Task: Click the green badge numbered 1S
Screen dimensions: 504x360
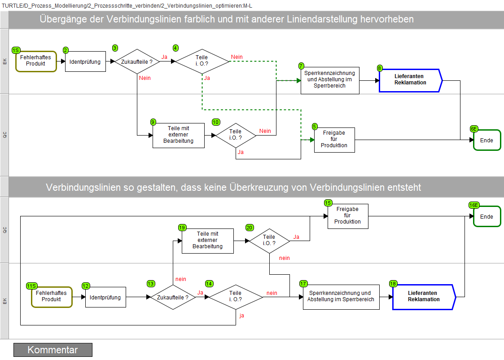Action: tap(16, 50)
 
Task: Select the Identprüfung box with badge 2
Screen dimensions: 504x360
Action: tap(85, 61)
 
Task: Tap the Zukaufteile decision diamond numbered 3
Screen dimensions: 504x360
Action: tap(137, 61)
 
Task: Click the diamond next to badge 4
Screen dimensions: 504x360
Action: tap(202, 61)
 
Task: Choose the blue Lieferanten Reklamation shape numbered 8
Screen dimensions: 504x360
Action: tap(411, 80)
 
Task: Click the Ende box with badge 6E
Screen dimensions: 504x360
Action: tap(487, 140)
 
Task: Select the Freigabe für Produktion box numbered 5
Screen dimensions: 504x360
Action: tap(334, 140)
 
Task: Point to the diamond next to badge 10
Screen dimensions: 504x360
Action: tap(236, 135)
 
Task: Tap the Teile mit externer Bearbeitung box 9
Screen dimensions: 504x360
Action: tap(178, 135)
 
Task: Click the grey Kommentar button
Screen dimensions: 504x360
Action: tap(53, 350)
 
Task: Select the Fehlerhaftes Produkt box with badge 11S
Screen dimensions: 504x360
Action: tap(52, 297)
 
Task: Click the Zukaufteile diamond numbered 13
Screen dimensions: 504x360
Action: tap(173, 297)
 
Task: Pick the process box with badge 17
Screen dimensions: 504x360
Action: tap(341, 297)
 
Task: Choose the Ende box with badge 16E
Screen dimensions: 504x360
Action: tap(487, 216)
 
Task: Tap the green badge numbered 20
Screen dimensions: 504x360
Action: tap(250, 228)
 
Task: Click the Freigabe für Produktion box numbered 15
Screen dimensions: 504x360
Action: tap(348, 216)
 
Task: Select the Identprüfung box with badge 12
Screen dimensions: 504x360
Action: tap(105, 297)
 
